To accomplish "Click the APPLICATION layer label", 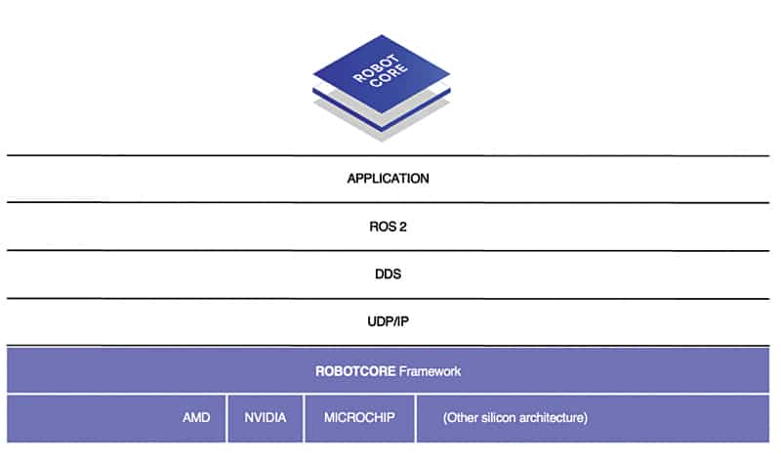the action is point(388,179).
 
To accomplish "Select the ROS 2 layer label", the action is point(388,227).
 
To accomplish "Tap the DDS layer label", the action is point(388,274).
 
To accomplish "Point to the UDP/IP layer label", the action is point(388,321).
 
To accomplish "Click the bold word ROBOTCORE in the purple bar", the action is point(355,371).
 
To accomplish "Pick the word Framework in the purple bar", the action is point(430,371).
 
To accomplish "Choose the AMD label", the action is point(196,418).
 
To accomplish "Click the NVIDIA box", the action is point(266,418).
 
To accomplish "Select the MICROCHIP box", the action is point(359,418).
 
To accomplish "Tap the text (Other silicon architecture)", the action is point(515,418).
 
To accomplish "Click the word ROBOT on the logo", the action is point(375,67).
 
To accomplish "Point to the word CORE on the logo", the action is point(389,75).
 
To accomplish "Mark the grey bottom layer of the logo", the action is point(382,117).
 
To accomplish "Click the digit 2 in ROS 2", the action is point(403,227).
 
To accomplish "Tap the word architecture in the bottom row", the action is point(549,418).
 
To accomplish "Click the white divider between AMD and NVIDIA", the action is point(227,418).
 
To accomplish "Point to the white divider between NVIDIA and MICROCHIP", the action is point(304,418).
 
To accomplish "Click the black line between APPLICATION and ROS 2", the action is point(388,203).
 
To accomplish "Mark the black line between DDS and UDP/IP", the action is point(388,299).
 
